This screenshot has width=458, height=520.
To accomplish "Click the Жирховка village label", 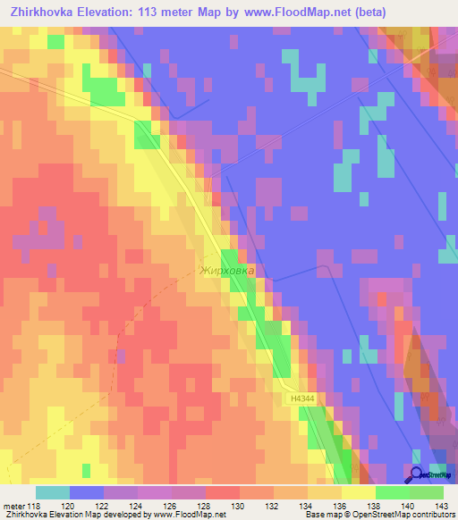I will (227, 270).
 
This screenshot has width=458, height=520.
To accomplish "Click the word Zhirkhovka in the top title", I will (42, 13).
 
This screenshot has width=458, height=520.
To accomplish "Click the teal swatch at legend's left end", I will (53, 492).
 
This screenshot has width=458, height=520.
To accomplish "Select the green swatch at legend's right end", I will (427, 492).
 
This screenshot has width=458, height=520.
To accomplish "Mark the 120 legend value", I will (69, 507).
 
